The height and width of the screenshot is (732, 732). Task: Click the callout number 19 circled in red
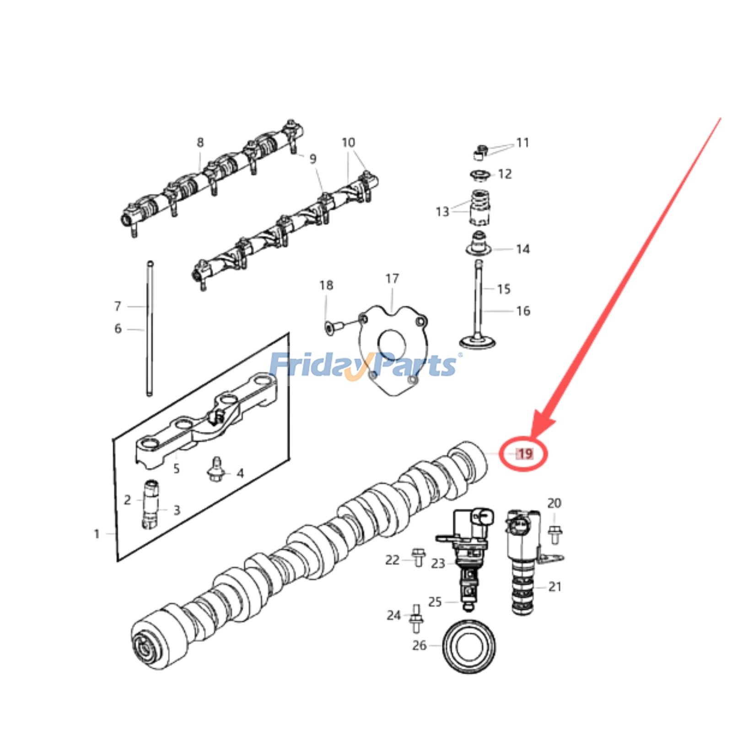(x=524, y=453)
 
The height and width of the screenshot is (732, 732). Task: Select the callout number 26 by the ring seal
(x=419, y=646)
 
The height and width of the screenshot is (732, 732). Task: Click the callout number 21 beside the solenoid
(x=554, y=587)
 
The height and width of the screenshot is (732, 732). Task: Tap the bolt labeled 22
(x=418, y=557)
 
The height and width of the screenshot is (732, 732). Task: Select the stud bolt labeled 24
(x=416, y=619)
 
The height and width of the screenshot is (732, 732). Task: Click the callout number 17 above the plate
(x=392, y=279)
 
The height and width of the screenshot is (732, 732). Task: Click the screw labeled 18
(x=328, y=327)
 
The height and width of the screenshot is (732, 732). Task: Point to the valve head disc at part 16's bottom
(x=478, y=342)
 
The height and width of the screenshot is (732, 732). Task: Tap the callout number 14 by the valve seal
(x=522, y=249)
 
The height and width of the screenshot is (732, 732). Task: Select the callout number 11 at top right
(x=522, y=143)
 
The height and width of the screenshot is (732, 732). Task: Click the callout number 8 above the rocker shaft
(x=200, y=143)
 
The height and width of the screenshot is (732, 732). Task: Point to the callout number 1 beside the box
(x=97, y=534)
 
